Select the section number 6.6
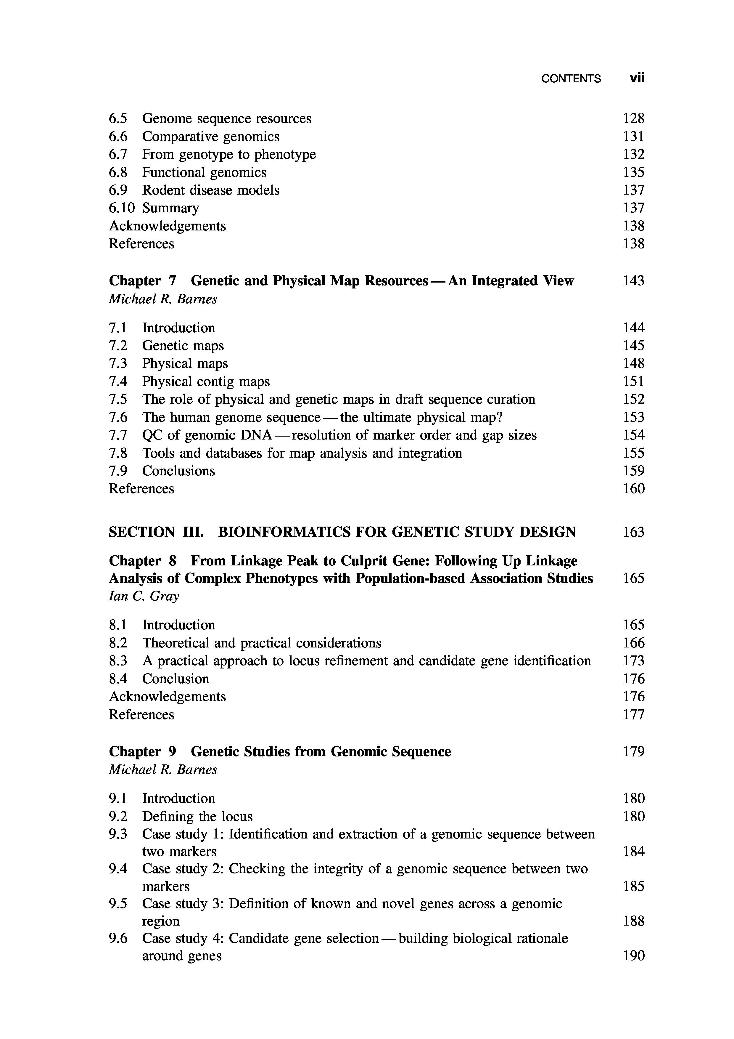[x=118, y=137]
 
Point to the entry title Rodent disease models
[x=211, y=190]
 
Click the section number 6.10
[x=122, y=208]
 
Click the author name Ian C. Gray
[x=144, y=597]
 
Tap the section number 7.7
[x=118, y=435]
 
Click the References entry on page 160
[x=141, y=489]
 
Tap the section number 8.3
[x=118, y=661]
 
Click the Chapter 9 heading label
[x=142, y=752]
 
